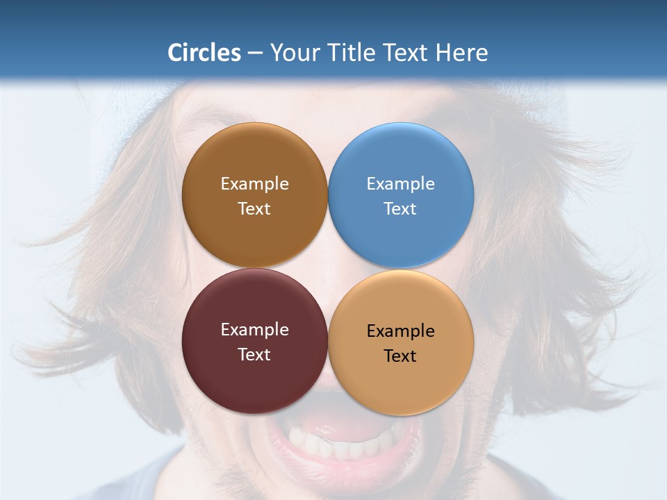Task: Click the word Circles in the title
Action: tap(204, 53)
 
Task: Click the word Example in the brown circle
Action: tap(254, 184)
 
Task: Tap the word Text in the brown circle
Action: tap(254, 209)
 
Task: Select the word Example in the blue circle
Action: tap(400, 184)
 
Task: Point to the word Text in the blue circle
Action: tap(400, 209)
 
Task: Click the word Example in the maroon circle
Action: tap(254, 330)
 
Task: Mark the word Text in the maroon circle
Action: tap(254, 355)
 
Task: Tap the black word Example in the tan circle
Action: tap(400, 331)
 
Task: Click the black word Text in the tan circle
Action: tap(400, 356)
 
